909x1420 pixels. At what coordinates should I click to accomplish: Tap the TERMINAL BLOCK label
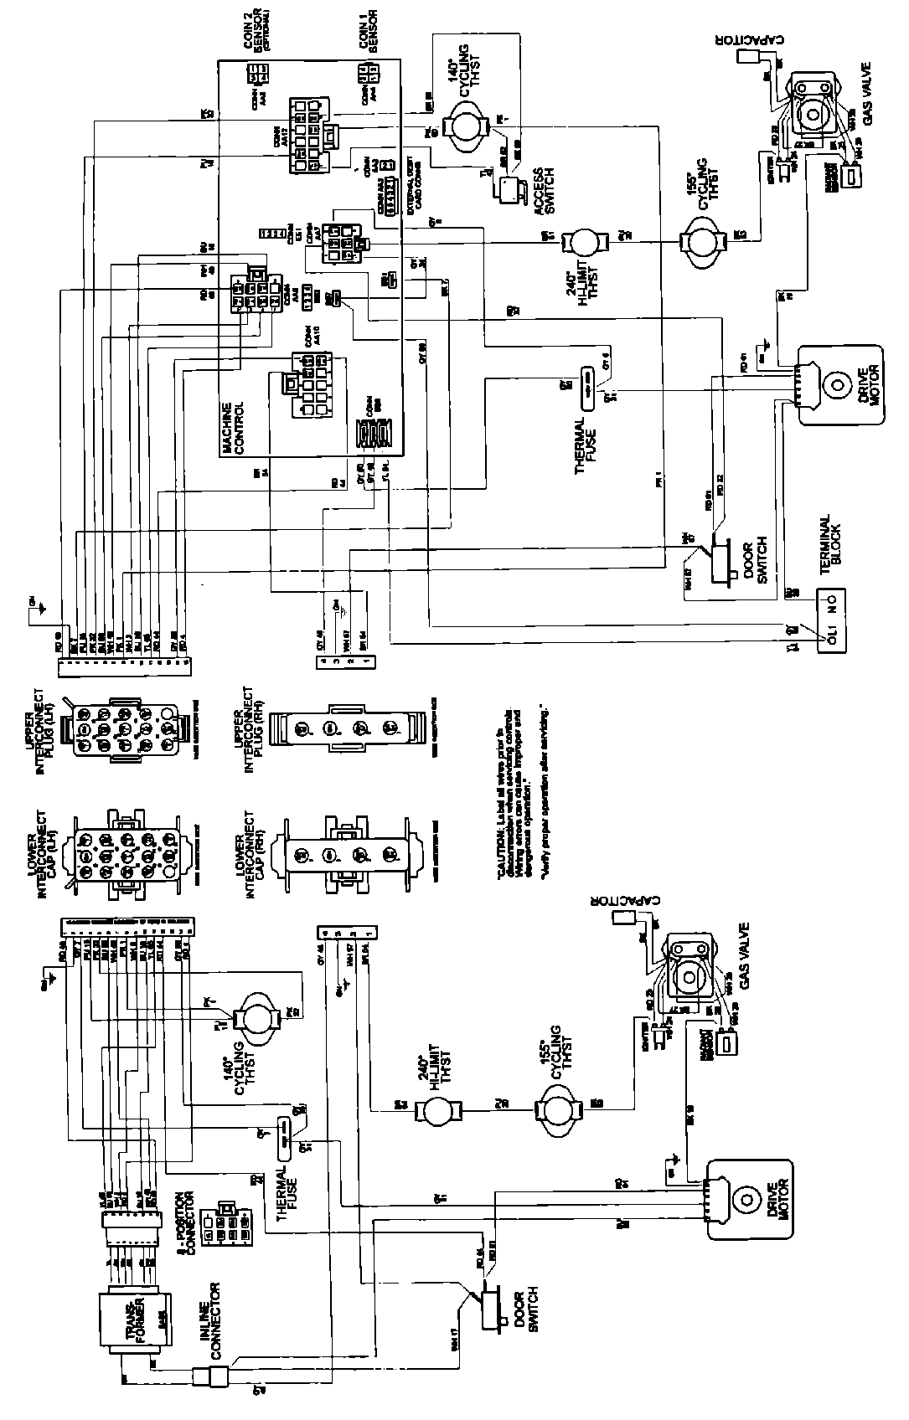pos(829,543)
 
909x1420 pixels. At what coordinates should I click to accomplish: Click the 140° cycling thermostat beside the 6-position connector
pos(255,1017)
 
